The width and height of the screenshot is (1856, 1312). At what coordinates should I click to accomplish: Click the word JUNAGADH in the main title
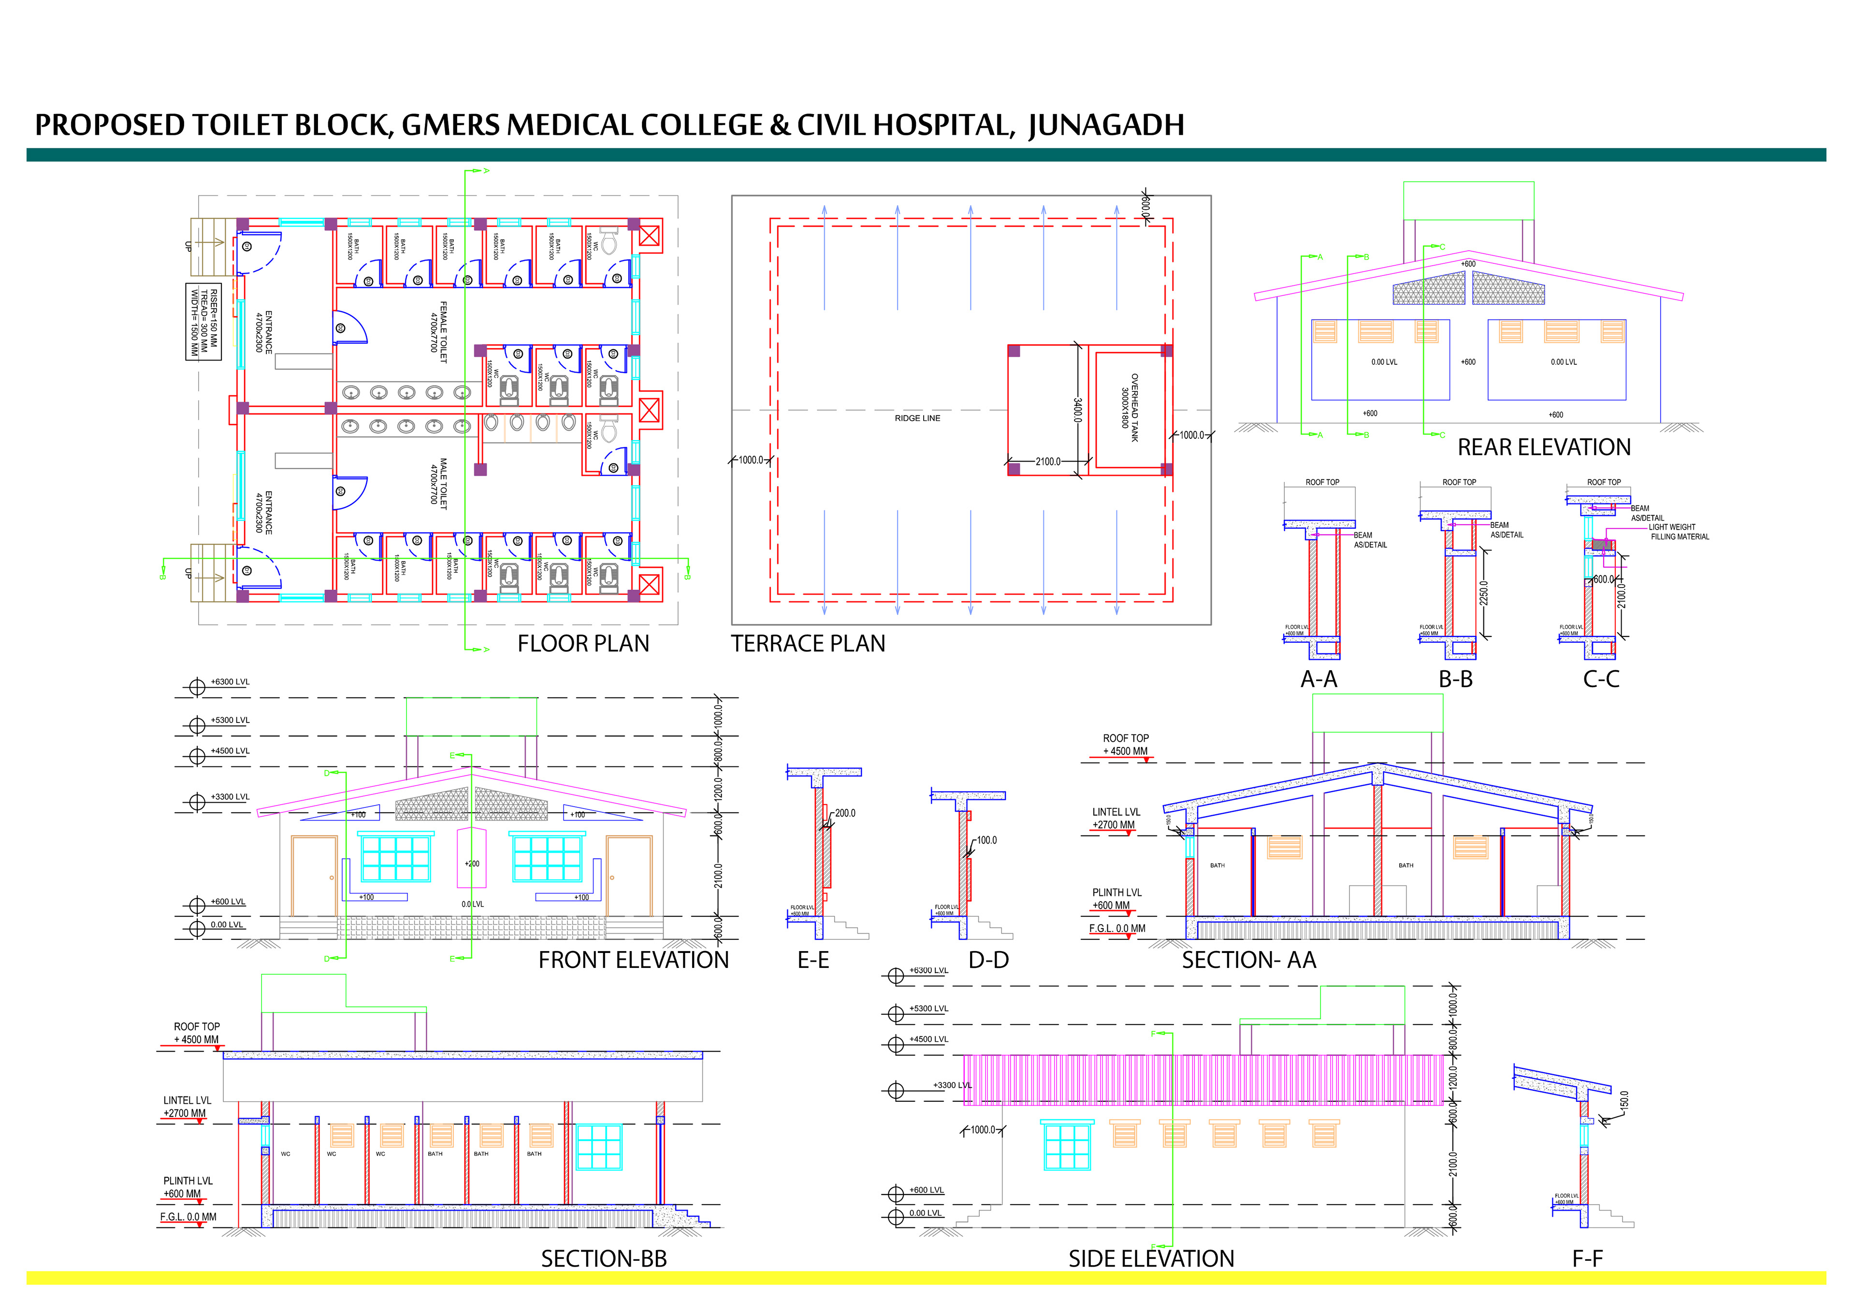pyautogui.click(x=1106, y=125)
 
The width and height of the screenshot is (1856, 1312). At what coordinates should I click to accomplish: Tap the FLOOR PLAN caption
pyautogui.click(x=583, y=644)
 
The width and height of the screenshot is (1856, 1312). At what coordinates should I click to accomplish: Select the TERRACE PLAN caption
pyautogui.click(x=808, y=644)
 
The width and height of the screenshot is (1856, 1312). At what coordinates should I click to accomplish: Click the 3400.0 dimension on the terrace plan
pyautogui.click(x=1077, y=410)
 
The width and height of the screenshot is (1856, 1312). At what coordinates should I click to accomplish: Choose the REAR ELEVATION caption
pyautogui.click(x=1543, y=448)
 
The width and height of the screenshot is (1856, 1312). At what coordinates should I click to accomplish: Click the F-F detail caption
pyautogui.click(x=1587, y=1259)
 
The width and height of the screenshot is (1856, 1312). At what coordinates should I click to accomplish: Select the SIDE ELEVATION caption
pyautogui.click(x=1151, y=1259)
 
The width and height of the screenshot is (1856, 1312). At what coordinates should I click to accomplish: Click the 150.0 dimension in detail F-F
pyautogui.click(x=1625, y=1100)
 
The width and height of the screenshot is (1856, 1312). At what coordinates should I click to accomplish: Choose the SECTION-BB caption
pyautogui.click(x=604, y=1259)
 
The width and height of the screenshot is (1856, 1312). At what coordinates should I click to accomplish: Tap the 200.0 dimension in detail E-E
pyautogui.click(x=845, y=813)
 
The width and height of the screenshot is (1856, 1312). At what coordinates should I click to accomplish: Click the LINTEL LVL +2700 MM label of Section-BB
pyautogui.click(x=186, y=1107)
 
